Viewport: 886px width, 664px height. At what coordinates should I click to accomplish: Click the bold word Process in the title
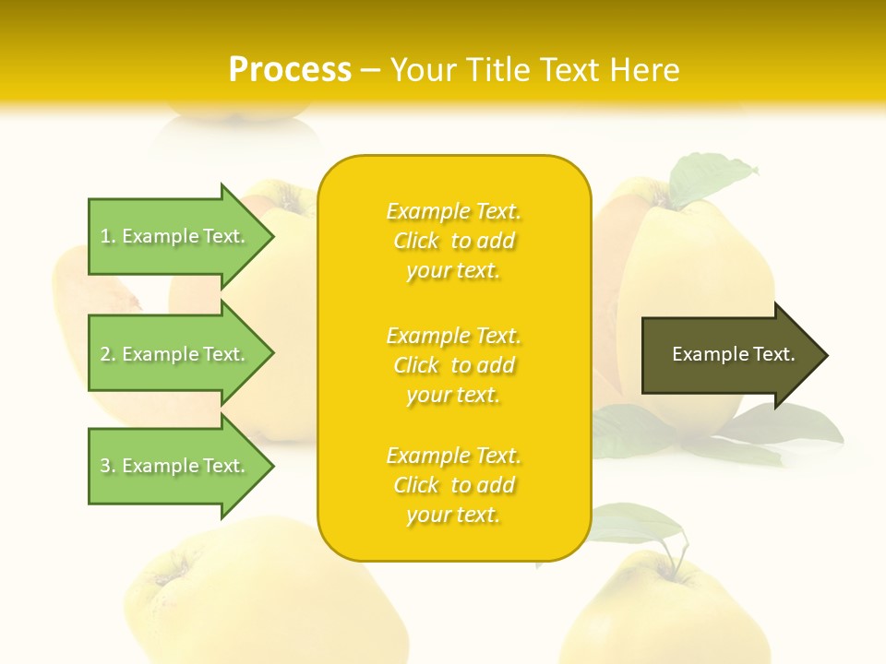290,70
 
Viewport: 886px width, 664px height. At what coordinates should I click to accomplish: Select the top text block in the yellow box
453,241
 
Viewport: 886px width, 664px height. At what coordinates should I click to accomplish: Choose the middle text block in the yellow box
453,365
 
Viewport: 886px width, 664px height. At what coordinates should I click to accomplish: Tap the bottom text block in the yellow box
453,485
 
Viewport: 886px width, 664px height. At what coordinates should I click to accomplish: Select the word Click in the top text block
416,241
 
